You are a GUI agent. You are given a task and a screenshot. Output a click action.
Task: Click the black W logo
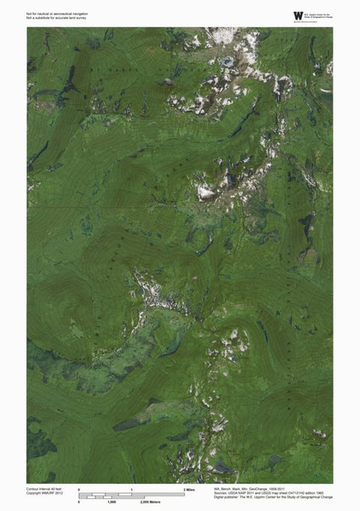pyautogui.click(x=298, y=15)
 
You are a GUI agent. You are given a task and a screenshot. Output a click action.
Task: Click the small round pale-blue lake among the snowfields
pyautogui.click(x=226, y=61)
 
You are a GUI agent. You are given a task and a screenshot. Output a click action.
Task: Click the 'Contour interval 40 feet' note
pyautogui.click(x=44, y=488)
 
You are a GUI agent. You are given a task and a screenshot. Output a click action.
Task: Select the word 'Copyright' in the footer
pyautogui.click(x=34, y=492)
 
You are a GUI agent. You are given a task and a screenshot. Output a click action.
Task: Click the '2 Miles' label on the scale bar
pyautogui.click(x=189, y=489)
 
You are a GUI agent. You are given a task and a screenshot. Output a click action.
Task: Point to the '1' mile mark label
pyautogui.click(x=132, y=489)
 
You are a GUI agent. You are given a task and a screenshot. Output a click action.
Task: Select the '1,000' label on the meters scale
pyautogui.click(x=111, y=501)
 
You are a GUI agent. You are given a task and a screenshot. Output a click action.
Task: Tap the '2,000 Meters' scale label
pyautogui.click(x=151, y=501)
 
